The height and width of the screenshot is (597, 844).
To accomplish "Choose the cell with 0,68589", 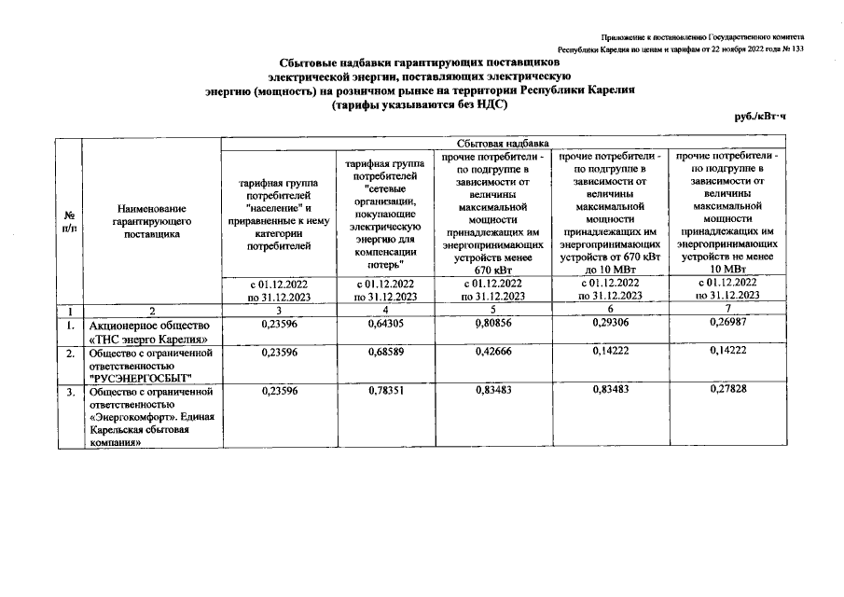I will pyautogui.click(x=384, y=353).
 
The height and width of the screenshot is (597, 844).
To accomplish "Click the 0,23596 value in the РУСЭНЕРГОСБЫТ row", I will pyautogui.click(x=279, y=353).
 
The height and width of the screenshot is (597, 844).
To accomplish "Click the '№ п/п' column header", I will pyautogui.click(x=69, y=222).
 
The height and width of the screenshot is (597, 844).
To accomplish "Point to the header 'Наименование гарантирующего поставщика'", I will pyautogui.click(x=151, y=221).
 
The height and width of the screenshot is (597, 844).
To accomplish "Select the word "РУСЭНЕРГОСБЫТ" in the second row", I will pyautogui.click(x=139, y=377).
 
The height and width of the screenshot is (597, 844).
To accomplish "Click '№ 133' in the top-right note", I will pyautogui.click(x=791, y=49).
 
